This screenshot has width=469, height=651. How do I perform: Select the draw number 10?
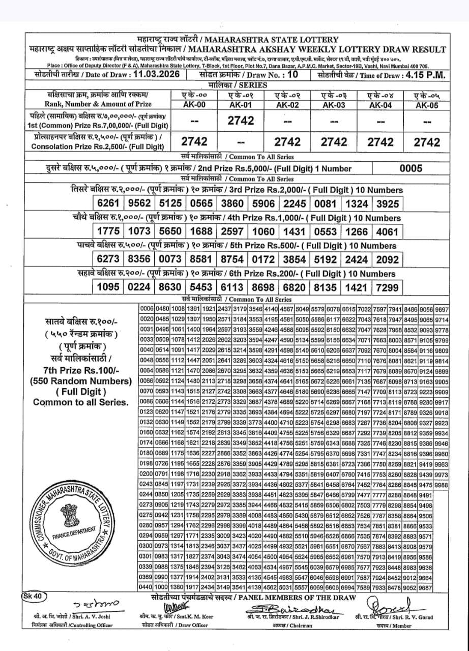(291, 75)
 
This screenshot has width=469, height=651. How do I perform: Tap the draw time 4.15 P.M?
(422, 75)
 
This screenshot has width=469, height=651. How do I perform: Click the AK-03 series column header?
(334, 105)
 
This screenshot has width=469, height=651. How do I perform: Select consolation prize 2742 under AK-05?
(427, 142)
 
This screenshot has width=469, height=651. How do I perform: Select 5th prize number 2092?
(387, 259)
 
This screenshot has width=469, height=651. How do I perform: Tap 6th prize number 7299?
(387, 287)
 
